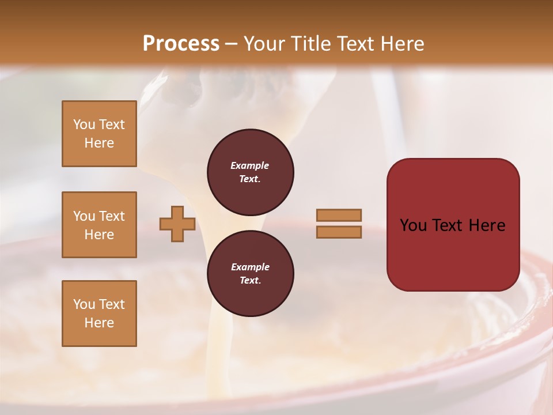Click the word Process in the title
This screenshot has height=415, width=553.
(181, 43)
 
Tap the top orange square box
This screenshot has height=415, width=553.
(99, 134)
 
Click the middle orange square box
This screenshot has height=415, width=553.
(99, 225)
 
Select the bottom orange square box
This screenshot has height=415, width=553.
(99, 314)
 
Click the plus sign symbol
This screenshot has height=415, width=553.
(177, 224)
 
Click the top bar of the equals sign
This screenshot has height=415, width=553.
(339, 215)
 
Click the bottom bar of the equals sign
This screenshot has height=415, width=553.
(339, 232)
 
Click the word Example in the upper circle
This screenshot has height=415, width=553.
(249, 165)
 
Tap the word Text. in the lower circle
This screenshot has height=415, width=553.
(250, 280)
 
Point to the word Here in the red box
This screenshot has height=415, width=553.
(487, 225)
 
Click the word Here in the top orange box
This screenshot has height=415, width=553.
(99, 143)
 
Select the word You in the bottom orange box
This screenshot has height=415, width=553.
(84, 304)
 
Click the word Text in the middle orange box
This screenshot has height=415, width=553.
(112, 216)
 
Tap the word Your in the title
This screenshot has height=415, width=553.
(263, 43)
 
